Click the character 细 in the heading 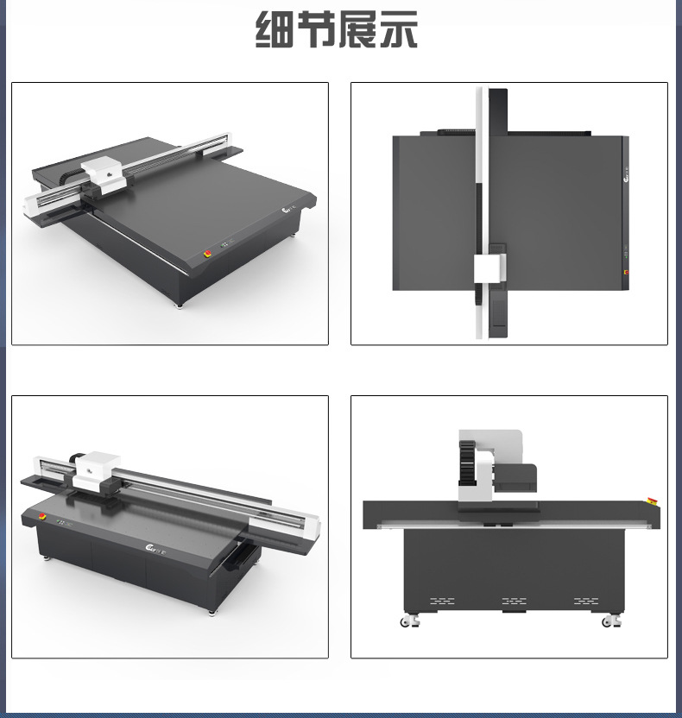pos(275,29)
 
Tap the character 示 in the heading pos(397,29)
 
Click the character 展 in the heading pos(357,29)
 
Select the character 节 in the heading pos(316,29)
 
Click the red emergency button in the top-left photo pos(206,254)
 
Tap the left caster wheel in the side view pos(405,620)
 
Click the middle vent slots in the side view pos(514,601)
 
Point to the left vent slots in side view pos(442,601)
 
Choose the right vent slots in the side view pos(586,601)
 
